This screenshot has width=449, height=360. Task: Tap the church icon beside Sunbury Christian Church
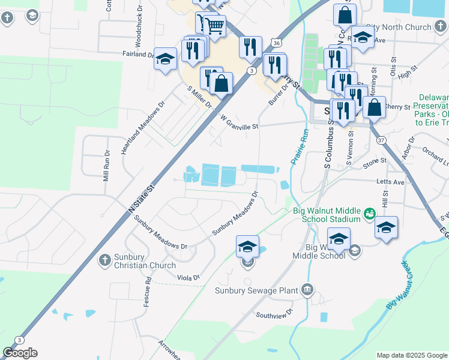coord(104,260)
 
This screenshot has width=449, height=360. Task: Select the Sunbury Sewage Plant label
coord(256,290)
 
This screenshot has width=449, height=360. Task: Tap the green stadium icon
coord(370,213)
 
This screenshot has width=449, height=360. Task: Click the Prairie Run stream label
coord(299,147)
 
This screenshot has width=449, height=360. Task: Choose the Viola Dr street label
coord(188,277)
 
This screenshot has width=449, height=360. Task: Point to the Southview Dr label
coord(273,314)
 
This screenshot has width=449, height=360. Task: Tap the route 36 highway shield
coord(276,43)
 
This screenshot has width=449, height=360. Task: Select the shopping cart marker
coord(215,25)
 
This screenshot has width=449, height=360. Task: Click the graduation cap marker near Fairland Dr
coord(165,59)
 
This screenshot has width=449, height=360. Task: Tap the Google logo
coord(20,353)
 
